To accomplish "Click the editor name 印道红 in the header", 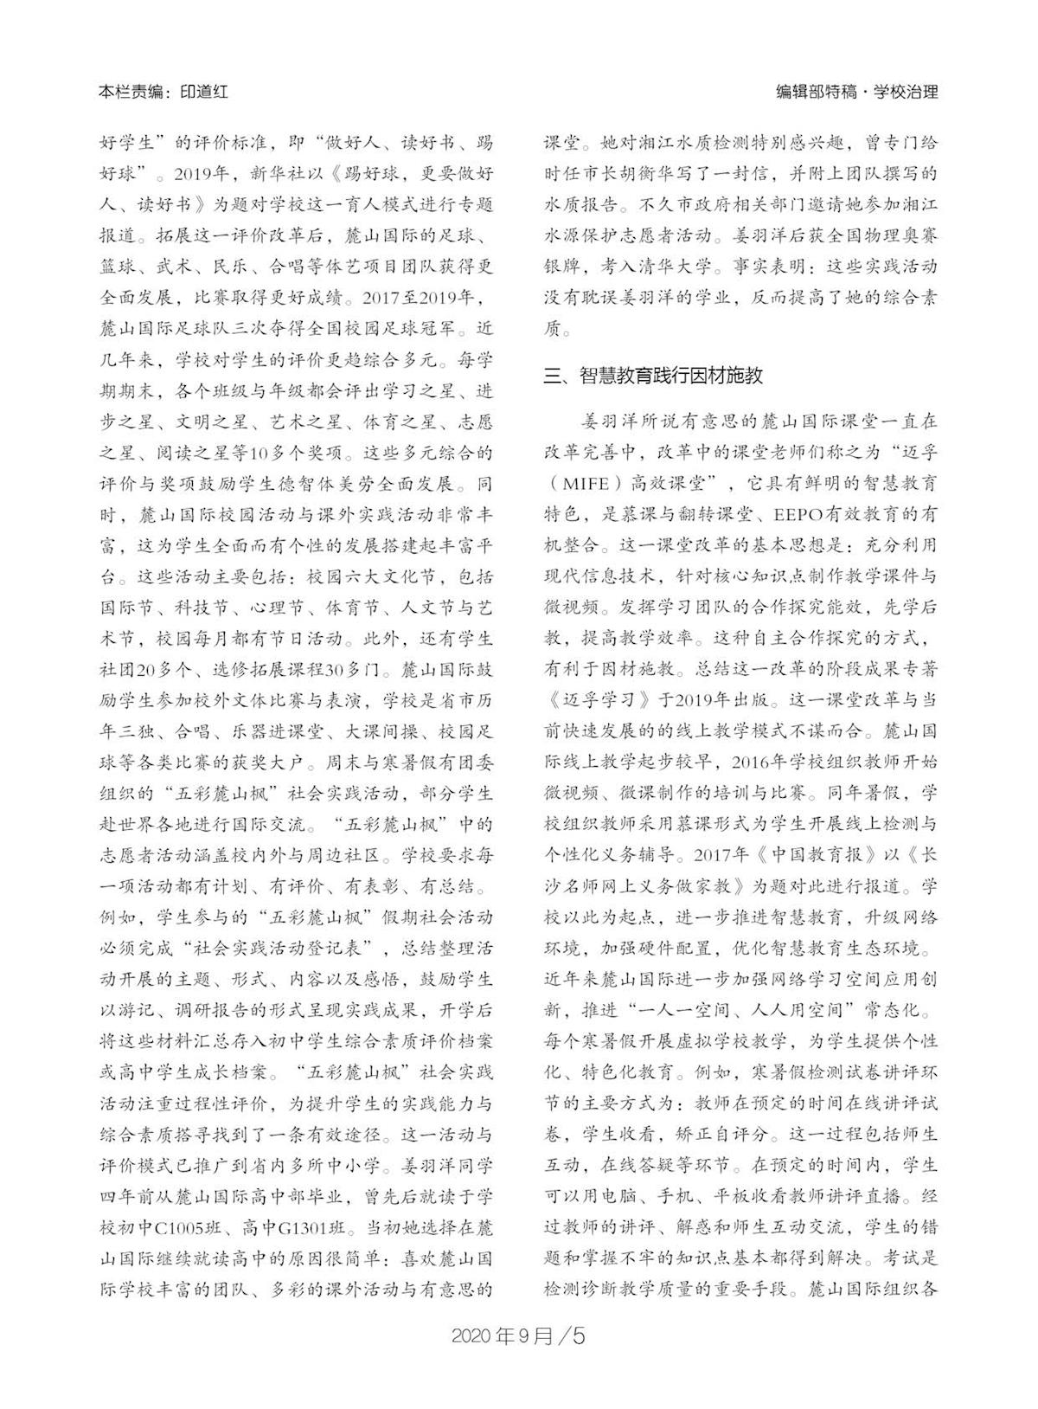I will [x=205, y=92].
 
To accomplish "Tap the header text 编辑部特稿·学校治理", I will [x=856, y=92].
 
